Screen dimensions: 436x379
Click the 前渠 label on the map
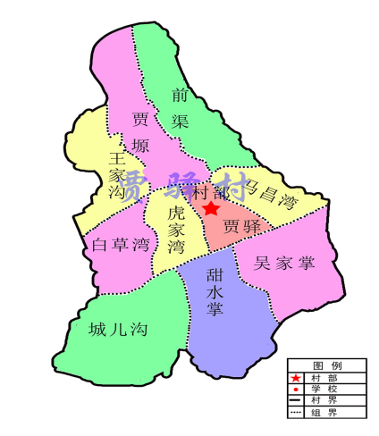[x=181, y=107]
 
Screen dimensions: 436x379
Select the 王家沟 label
[x=115, y=173]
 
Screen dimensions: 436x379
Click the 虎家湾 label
[x=176, y=229]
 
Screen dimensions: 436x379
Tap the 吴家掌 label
[x=284, y=263]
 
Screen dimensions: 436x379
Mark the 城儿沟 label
[x=118, y=330]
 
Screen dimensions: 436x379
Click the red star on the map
[x=211, y=208]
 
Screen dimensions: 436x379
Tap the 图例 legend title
[x=325, y=365]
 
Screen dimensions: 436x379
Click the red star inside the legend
[x=296, y=379]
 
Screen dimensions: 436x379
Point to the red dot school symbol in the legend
[x=296, y=390]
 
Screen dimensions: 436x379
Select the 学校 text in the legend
[x=325, y=390]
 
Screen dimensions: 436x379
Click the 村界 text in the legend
[x=325, y=401]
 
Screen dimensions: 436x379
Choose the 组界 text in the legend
[x=325, y=413]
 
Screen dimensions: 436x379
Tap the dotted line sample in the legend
[x=297, y=413]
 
